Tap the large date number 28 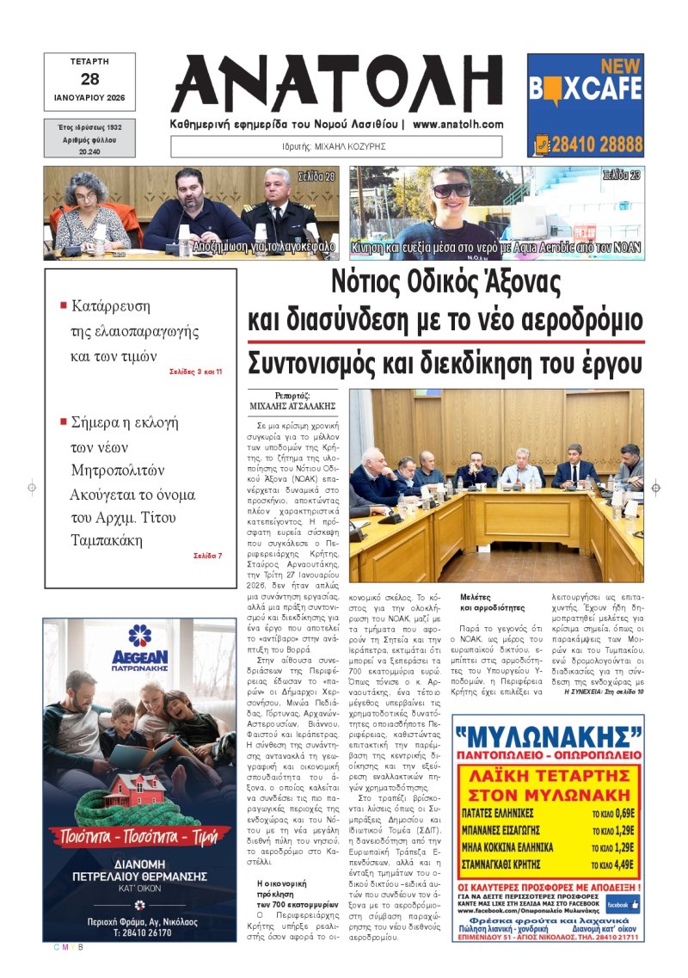coord(89,79)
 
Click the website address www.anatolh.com coord(458,125)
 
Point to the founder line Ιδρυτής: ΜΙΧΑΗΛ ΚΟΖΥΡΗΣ coord(338,146)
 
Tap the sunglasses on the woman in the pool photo coord(451,190)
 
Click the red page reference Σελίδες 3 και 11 coord(196,372)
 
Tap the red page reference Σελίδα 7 coord(207,556)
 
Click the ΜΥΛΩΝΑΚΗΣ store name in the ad coord(547,739)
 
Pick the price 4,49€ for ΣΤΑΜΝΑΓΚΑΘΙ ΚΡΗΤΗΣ coord(624,840)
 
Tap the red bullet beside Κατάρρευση coord(63,305)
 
